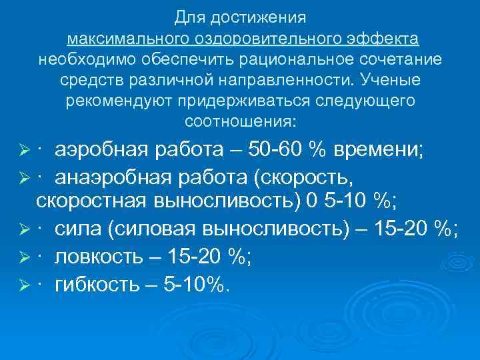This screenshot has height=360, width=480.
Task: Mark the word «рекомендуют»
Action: click(x=117, y=101)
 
